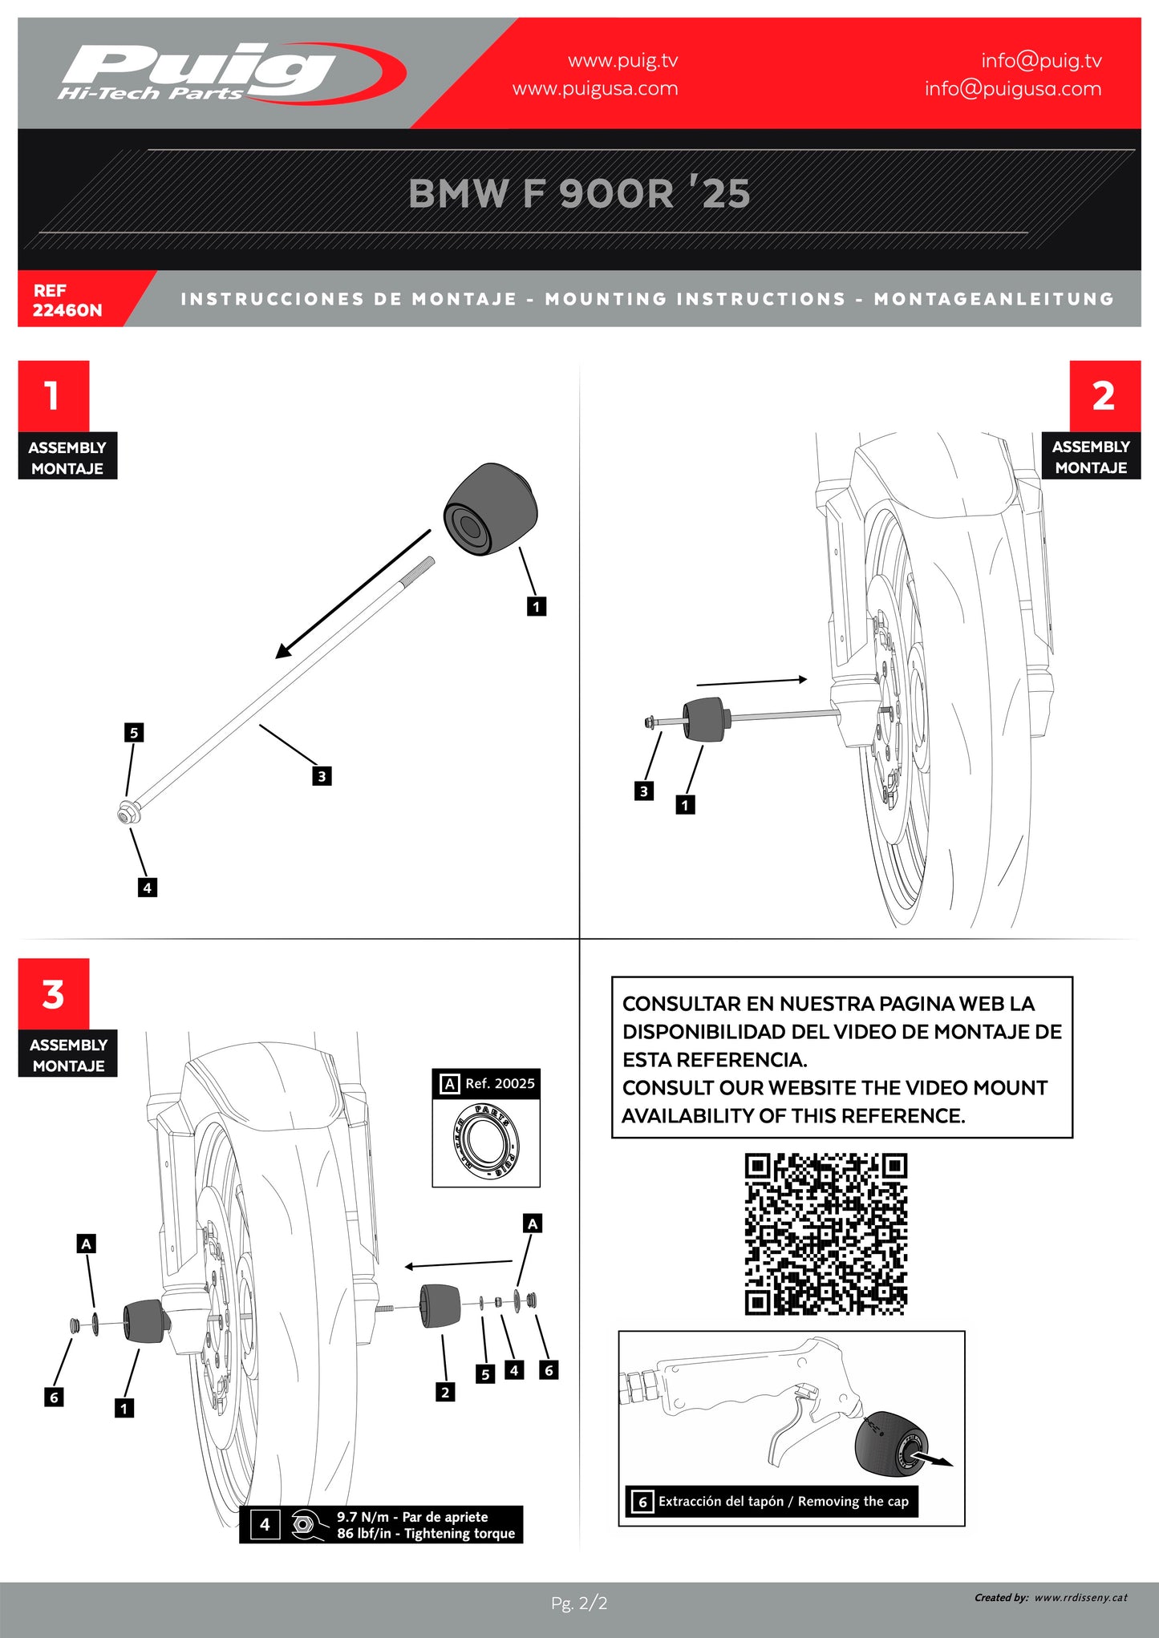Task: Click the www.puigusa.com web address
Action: point(595,88)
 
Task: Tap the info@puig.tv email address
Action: point(1041,61)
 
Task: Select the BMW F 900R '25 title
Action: point(579,193)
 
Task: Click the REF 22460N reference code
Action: point(67,300)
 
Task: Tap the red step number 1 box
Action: point(53,395)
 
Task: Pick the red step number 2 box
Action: point(1104,395)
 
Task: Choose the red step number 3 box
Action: point(53,993)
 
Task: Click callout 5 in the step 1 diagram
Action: point(134,732)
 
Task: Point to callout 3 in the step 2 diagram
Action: point(643,791)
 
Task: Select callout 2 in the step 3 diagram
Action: point(445,1393)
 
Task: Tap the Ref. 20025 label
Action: point(499,1083)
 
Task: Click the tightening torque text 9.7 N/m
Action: point(413,1517)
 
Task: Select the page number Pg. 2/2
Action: point(579,1604)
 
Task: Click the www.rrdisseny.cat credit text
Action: point(1080,1598)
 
